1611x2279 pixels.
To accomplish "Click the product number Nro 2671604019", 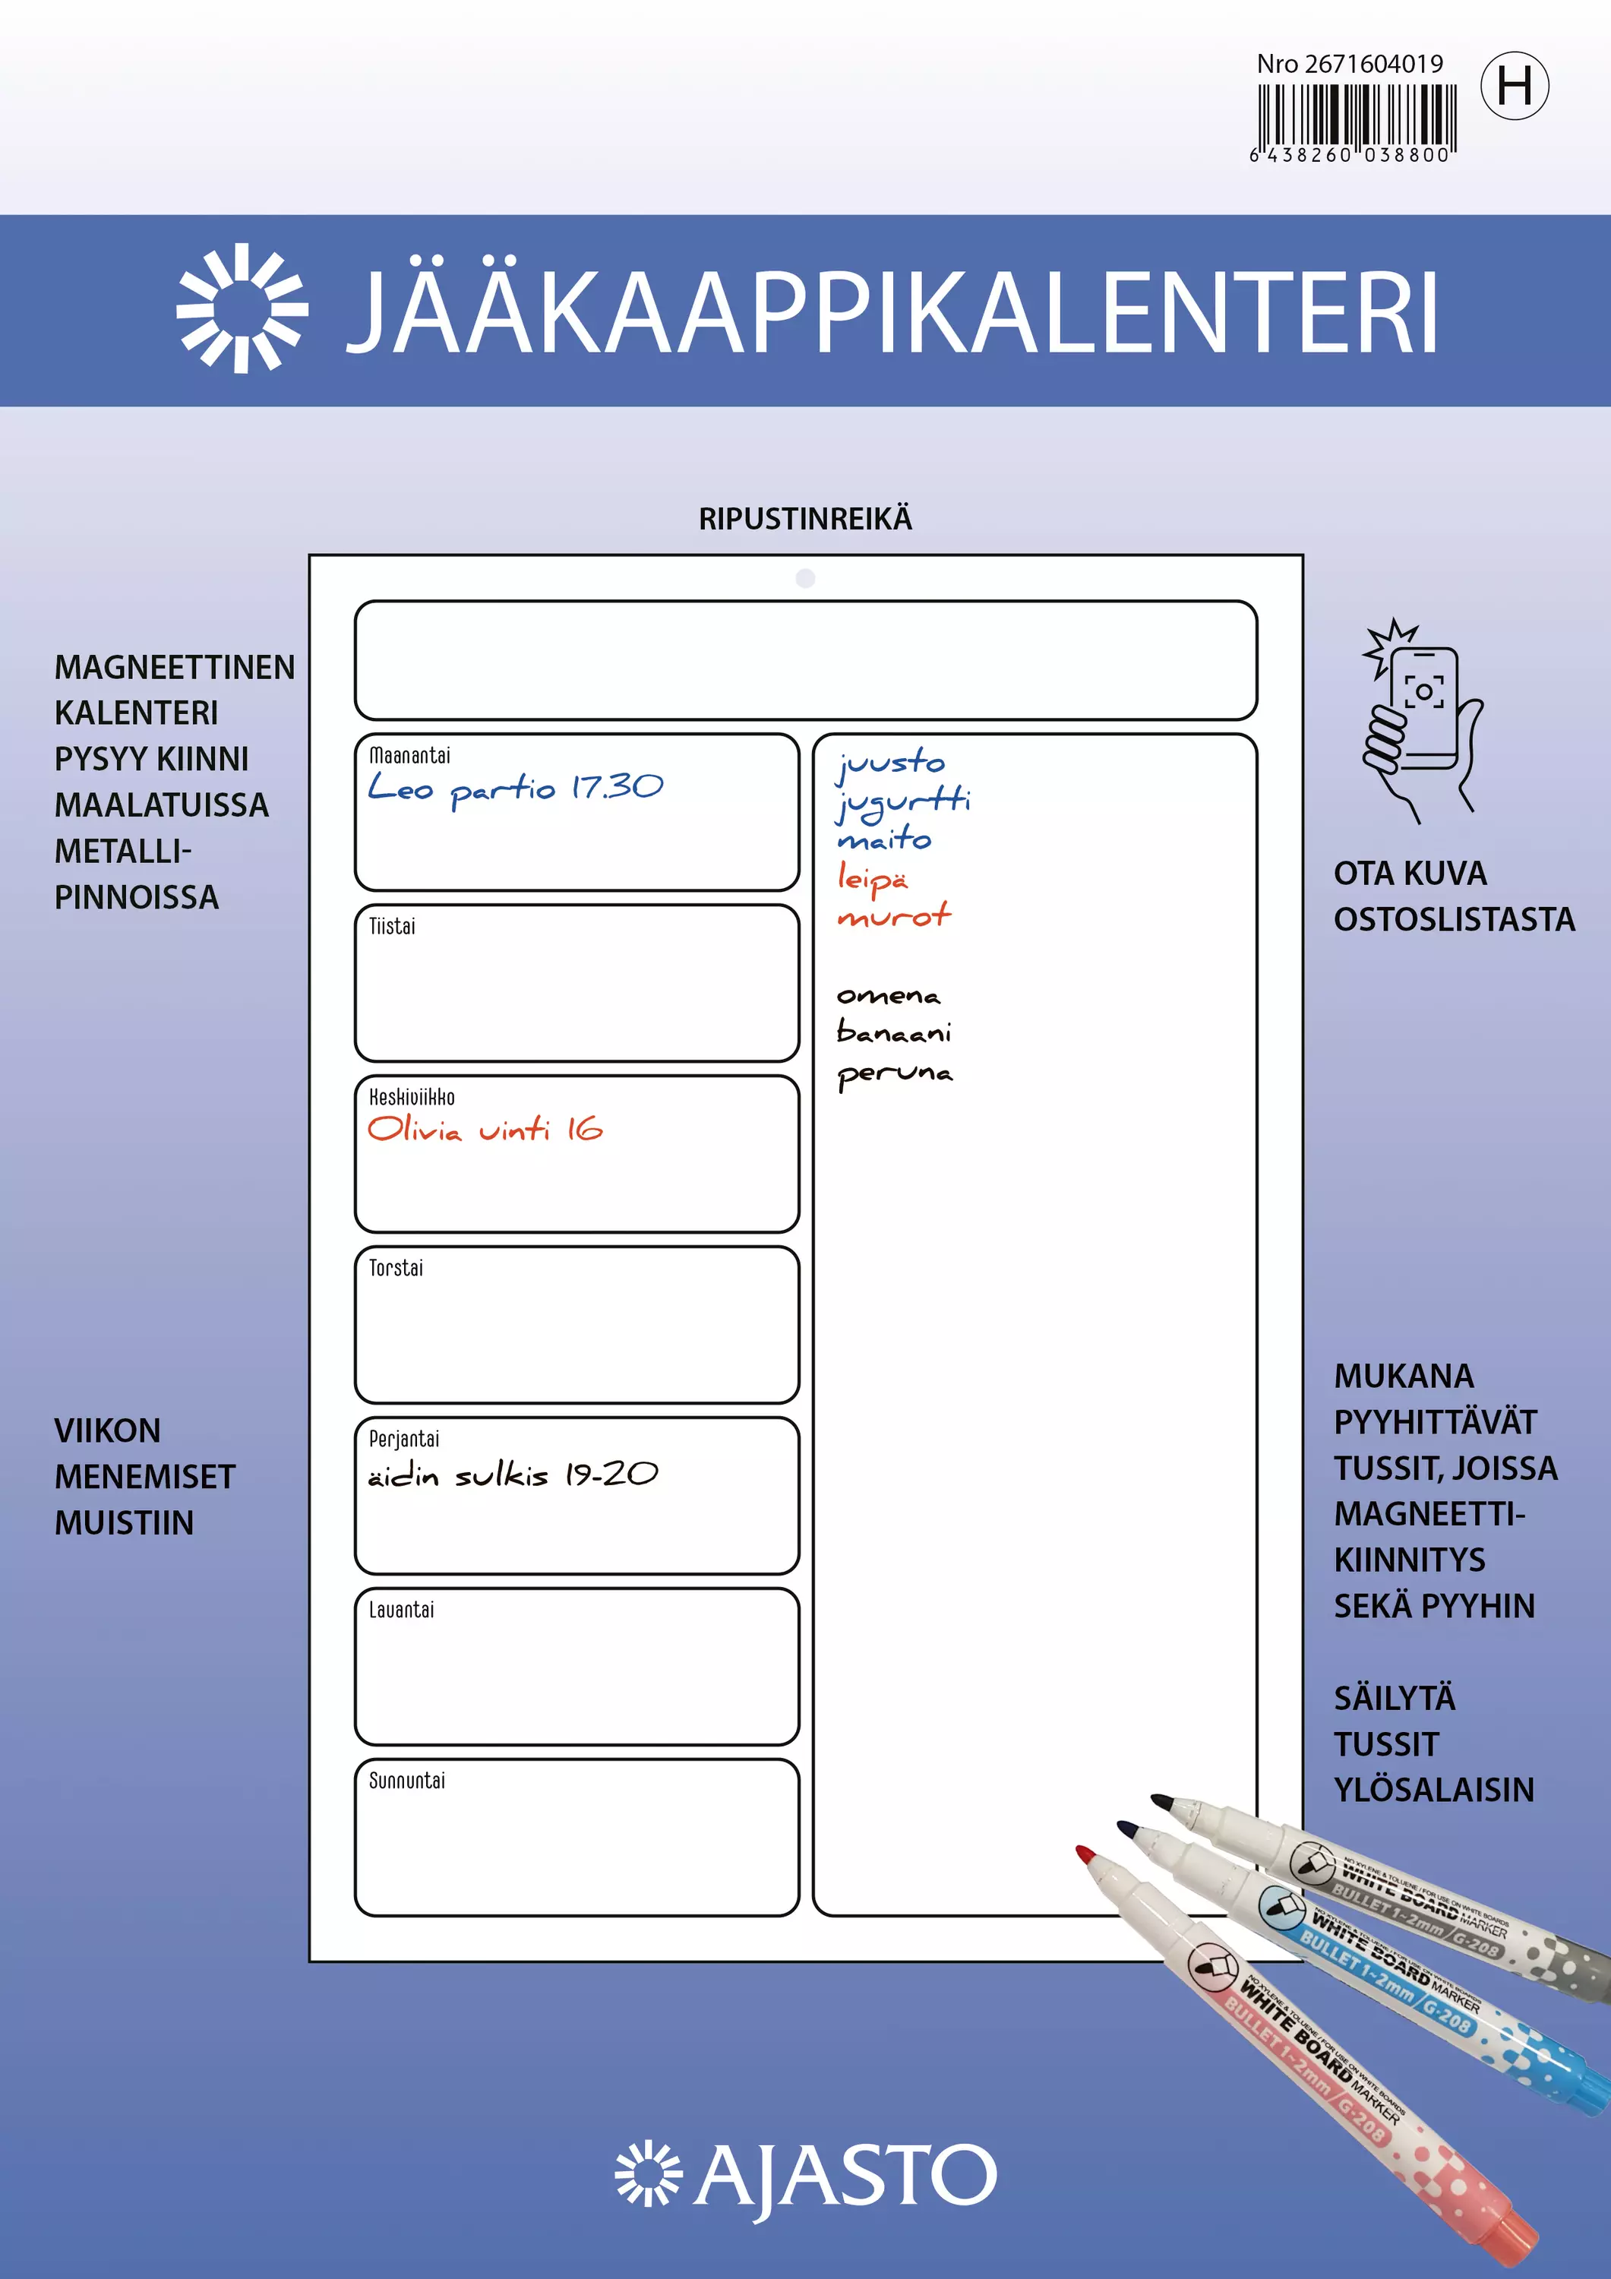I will [1349, 65].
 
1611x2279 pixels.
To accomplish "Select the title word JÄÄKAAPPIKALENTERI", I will [892, 311].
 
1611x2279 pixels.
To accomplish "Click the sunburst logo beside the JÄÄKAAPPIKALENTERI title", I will [242, 308].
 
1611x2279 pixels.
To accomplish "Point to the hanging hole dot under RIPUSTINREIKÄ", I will [805, 577].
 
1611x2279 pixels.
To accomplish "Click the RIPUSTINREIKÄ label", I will [805, 519].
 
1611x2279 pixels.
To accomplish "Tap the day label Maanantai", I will [409, 755].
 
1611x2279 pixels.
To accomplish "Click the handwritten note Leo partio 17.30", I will [515, 788].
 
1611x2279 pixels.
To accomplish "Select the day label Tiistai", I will [392, 926].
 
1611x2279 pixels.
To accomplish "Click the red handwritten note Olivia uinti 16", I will [485, 1130].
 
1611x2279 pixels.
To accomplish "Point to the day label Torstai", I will [396, 1268].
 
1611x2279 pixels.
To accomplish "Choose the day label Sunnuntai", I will [407, 1781].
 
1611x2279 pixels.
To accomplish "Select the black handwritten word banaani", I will [893, 1032].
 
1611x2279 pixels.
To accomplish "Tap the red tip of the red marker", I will [1085, 1853].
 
